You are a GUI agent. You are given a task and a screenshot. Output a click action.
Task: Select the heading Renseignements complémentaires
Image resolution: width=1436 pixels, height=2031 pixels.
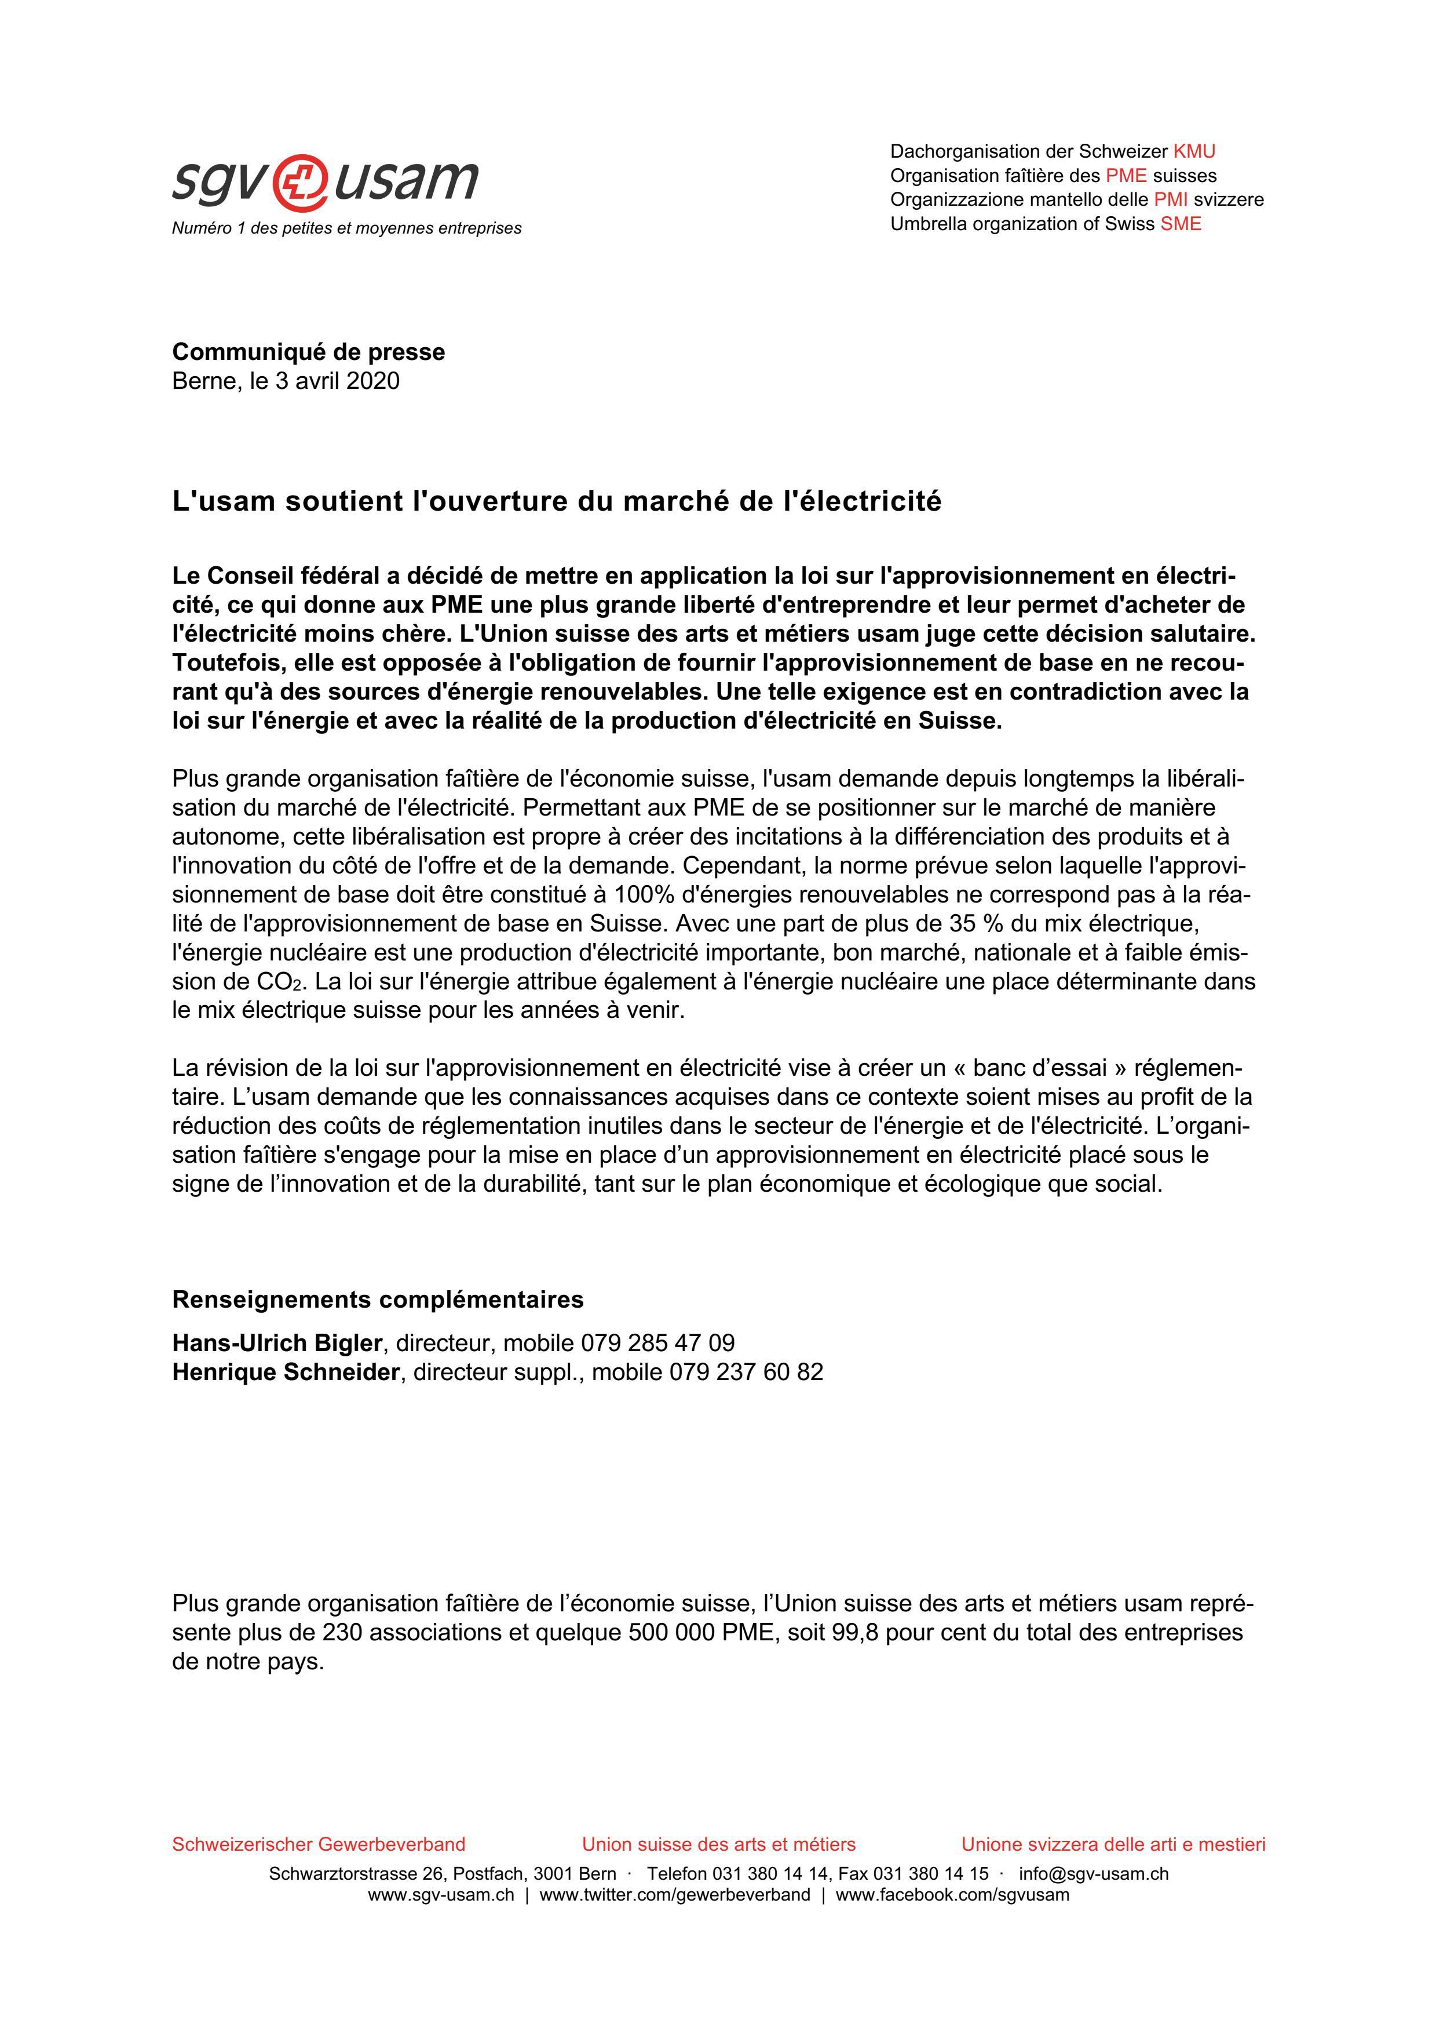click(x=378, y=1300)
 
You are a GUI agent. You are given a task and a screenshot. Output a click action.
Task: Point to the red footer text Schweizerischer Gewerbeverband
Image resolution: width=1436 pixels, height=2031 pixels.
click(x=319, y=1844)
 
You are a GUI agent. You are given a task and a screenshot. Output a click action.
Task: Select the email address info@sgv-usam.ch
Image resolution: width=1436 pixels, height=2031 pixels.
click(x=1093, y=1873)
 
